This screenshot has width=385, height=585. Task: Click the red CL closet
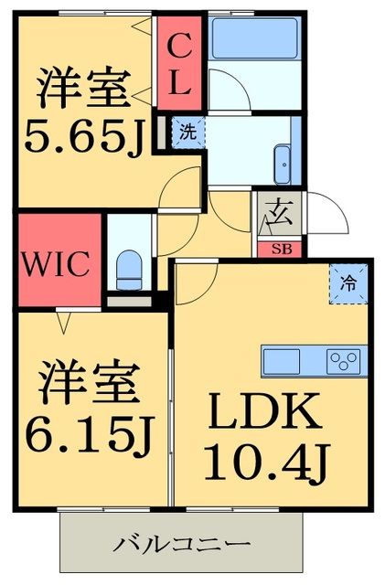[x=178, y=62]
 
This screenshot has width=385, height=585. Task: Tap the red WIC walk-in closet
[x=57, y=263]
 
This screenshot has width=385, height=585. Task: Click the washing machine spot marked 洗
[x=187, y=131]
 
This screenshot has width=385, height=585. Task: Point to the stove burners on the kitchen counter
[x=346, y=360]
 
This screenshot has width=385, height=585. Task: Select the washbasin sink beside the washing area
[x=283, y=163]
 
